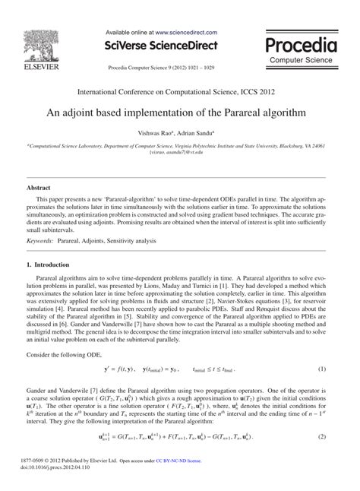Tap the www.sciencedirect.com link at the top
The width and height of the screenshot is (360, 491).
(187, 33)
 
